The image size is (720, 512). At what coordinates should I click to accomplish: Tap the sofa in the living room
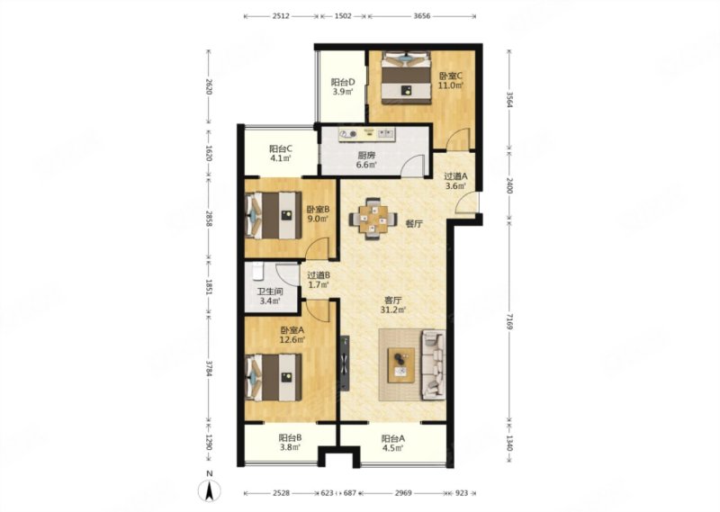click(433, 364)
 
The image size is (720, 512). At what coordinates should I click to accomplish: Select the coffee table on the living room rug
click(400, 365)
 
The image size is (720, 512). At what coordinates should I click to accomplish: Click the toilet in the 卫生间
click(258, 271)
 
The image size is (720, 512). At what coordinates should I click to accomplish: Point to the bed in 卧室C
click(407, 75)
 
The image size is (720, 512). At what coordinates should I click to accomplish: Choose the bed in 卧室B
click(274, 215)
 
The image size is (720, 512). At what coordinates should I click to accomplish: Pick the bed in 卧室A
click(274, 377)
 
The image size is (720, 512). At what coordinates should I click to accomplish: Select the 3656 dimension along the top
click(421, 16)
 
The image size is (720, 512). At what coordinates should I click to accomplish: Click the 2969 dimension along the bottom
click(403, 493)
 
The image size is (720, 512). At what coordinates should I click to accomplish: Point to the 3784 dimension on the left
click(209, 369)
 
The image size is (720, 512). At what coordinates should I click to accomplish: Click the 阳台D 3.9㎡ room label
click(343, 86)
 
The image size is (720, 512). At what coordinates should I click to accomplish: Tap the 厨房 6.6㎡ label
click(366, 160)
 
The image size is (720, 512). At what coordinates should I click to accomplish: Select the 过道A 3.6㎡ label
click(455, 181)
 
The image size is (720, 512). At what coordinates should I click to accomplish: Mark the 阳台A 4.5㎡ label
click(393, 443)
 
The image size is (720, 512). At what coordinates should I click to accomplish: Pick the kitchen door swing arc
click(412, 166)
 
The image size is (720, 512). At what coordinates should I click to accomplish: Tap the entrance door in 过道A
click(467, 202)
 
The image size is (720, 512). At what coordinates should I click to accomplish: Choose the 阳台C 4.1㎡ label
click(281, 153)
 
